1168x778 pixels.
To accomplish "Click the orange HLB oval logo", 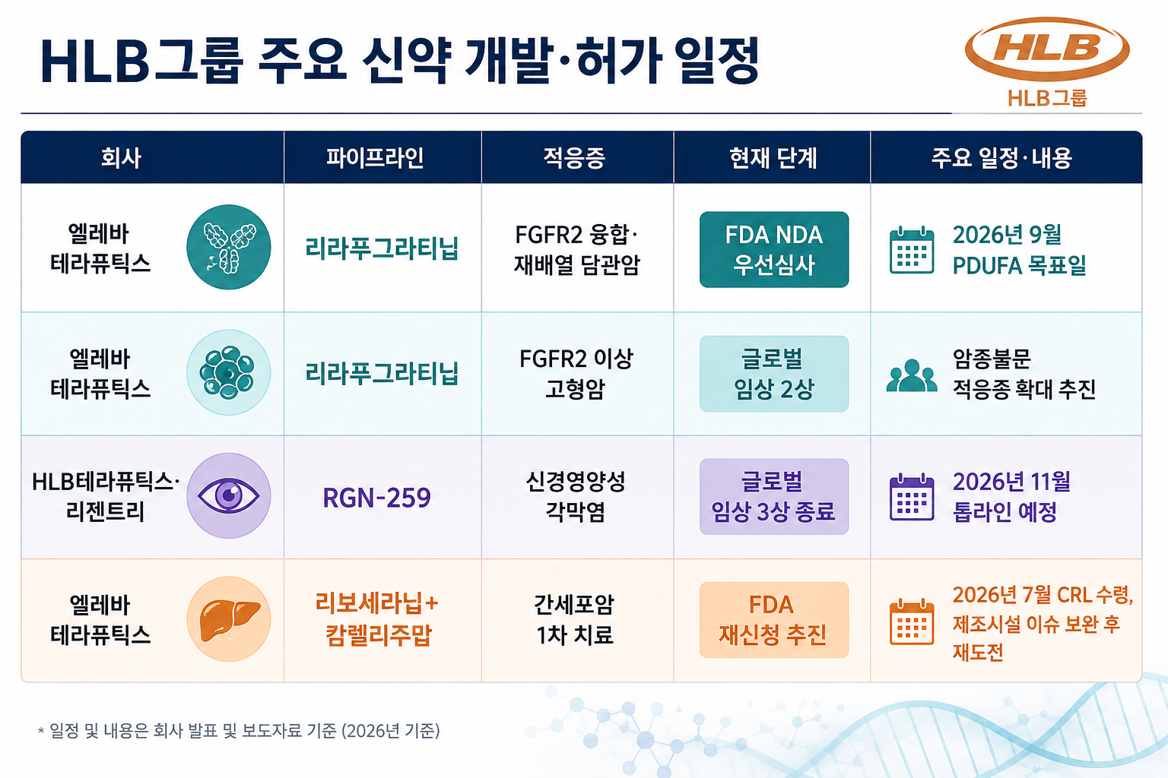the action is click(1047, 49).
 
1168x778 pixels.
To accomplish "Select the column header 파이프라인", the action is click(375, 157).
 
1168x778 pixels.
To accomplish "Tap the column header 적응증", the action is click(574, 157).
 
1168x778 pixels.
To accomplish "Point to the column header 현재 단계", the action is click(773, 157).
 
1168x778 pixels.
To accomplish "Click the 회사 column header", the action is click(121, 157).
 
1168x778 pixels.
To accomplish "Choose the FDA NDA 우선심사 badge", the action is click(774, 250).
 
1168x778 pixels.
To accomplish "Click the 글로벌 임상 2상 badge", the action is click(774, 374).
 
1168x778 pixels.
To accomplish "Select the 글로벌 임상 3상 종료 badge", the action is click(774, 497).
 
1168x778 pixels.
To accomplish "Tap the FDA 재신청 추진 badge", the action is click(774, 620).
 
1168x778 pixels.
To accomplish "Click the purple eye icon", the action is click(228, 495).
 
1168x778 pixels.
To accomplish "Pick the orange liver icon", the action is click(228, 619).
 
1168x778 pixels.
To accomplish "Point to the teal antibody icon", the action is click(228, 247).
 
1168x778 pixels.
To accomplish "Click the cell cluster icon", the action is click(228, 372).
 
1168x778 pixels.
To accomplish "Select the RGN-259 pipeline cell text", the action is click(376, 498).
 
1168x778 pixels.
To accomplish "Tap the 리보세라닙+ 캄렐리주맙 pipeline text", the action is click(377, 619).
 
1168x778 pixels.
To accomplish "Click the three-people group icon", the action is click(912, 375).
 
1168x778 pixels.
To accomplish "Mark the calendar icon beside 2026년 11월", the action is click(912, 497).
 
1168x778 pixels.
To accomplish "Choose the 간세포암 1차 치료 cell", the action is click(575, 619).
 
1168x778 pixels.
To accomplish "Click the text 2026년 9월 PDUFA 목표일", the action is click(1019, 250).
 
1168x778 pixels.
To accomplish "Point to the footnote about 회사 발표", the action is click(239, 731).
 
